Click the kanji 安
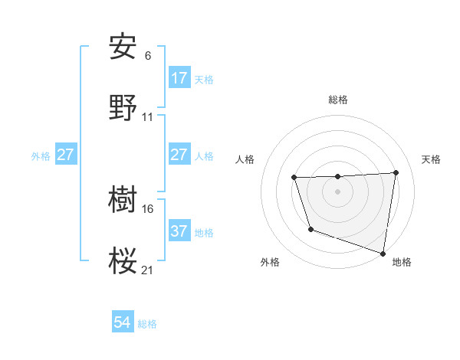tap(123, 47)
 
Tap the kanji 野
tap(123, 108)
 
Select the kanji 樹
tap(123, 201)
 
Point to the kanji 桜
tap(123, 261)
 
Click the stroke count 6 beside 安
tap(148, 56)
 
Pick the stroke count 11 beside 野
tap(148, 117)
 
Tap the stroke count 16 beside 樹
tap(148, 208)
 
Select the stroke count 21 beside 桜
tap(148, 270)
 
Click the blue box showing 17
tap(179, 78)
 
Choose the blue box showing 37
tap(179, 231)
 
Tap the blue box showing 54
tap(123, 323)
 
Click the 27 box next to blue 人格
tap(179, 155)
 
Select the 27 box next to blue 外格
tap(65, 155)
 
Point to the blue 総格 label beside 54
tap(147, 324)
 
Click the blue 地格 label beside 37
tap(204, 232)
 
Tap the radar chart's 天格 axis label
tap(431, 159)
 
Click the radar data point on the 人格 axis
tap(294, 178)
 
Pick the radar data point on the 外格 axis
tap(310, 229)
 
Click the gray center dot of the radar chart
tap(337, 191)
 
